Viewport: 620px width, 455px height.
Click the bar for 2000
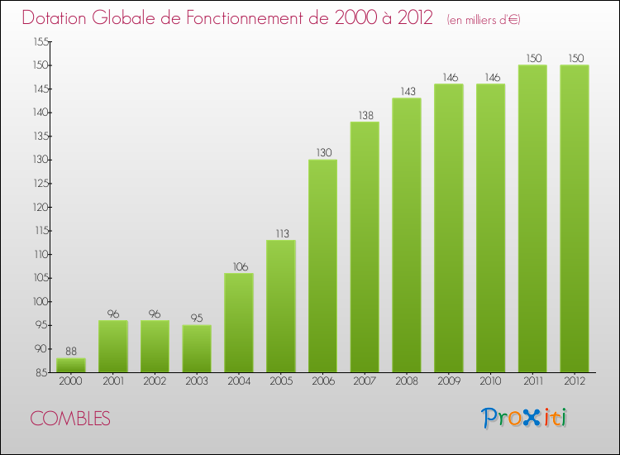[70, 365]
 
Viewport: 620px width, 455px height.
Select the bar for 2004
[238, 323]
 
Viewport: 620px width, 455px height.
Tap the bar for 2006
[322, 266]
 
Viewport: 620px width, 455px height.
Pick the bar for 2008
[407, 235]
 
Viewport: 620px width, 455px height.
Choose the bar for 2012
[575, 218]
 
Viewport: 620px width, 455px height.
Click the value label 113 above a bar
[280, 233]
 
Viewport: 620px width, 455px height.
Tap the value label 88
[70, 352]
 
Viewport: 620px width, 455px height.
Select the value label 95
[197, 318]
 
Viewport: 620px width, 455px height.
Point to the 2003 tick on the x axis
[197, 381]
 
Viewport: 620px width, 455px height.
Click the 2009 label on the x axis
[449, 381]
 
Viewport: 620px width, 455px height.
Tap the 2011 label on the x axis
[532, 381]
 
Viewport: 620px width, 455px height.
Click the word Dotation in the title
[57, 18]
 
